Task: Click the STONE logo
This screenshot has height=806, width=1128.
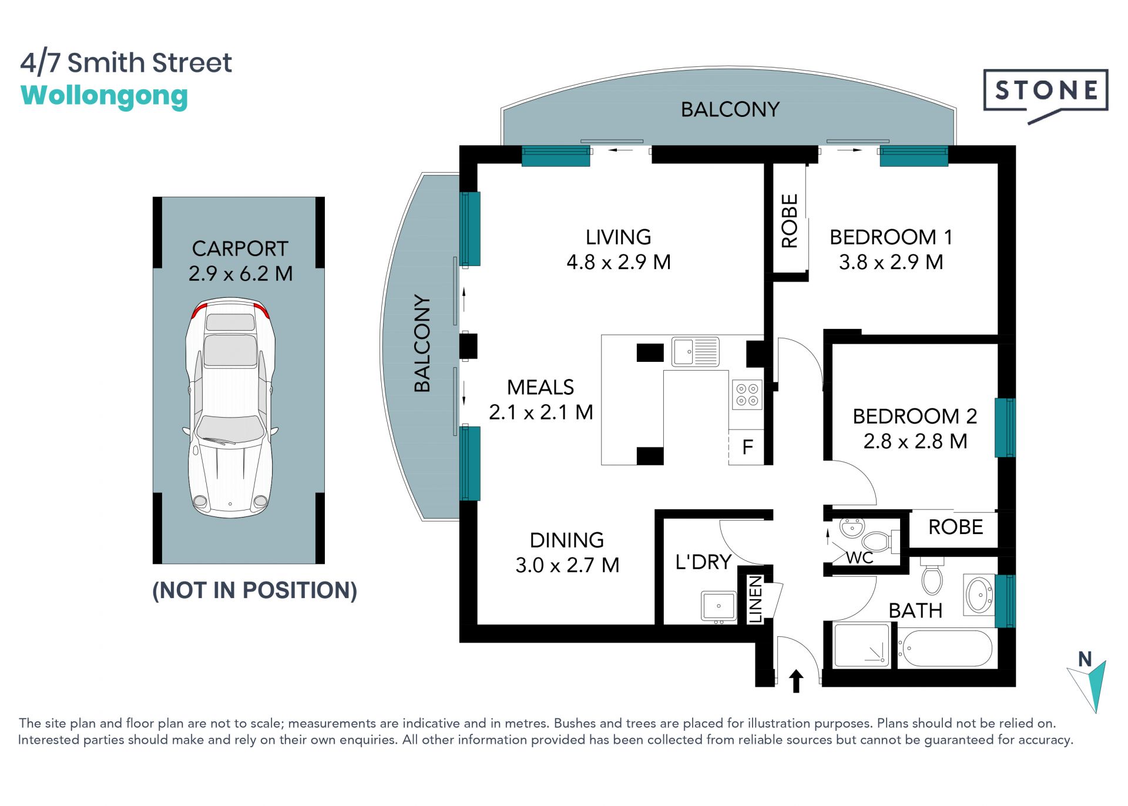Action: (x=1046, y=94)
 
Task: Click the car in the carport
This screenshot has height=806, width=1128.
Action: (x=230, y=408)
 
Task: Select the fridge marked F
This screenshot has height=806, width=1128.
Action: (x=746, y=447)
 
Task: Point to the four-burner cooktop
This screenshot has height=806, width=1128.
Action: (x=747, y=395)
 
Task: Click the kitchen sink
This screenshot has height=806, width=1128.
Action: (x=695, y=351)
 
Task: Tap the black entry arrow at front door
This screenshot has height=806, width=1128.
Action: (x=796, y=681)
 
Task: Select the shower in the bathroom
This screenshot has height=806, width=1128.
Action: (x=862, y=645)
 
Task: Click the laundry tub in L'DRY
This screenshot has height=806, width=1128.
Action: (x=719, y=606)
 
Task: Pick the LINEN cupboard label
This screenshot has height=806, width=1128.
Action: (x=756, y=599)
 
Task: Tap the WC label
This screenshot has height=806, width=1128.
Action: (x=860, y=558)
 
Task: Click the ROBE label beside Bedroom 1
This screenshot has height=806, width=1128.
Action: (x=790, y=221)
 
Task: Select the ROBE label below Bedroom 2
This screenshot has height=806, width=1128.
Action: (x=956, y=527)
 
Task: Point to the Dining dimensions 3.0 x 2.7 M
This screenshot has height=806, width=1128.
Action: (x=568, y=565)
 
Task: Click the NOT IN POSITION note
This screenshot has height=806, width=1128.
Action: (x=254, y=590)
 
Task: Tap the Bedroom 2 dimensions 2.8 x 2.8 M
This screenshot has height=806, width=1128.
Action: (x=915, y=441)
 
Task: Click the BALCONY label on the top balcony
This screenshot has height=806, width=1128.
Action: (x=730, y=109)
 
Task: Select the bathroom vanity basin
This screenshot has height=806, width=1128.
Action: (x=979, y=595)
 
